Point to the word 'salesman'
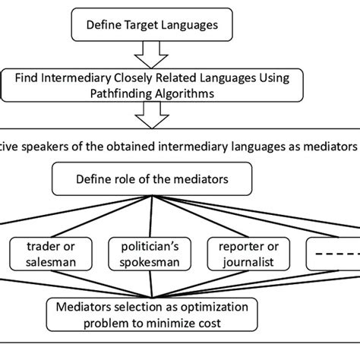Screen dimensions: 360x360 tap(52, 264)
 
